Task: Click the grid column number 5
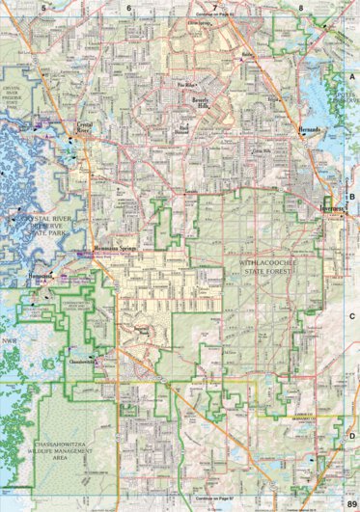tap(44, 6)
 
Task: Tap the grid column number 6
tap(128, 6)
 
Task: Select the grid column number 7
tap(213, 6)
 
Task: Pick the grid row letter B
tap(352, 196)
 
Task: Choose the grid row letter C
tap(352, 315)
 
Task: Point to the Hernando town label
tap(307, 129)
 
